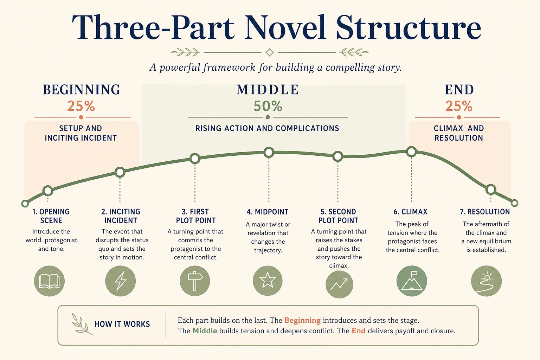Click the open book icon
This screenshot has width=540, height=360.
[49, 281]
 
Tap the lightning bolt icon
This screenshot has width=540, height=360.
[121, 281]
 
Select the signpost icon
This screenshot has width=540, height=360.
[195, 281]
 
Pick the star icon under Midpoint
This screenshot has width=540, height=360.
[268, 281]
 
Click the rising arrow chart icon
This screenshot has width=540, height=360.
[339, 284]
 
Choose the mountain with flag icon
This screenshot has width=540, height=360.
[412, 281]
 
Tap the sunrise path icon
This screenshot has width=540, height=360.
[486, 281]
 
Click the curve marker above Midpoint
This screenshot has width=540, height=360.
[269, 152]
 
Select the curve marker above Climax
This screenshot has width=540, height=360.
[411, 152]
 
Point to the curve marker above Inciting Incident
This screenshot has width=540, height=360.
[120, 172]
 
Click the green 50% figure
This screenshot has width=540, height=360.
[268, 106]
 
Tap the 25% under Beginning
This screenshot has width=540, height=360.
[81, 106]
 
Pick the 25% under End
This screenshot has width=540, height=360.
[459, 106]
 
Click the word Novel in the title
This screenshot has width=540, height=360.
[285, 27]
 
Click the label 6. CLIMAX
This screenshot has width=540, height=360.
[410, 212]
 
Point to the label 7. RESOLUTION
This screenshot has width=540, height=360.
[485, 212]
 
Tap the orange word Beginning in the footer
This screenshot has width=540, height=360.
[303, 320]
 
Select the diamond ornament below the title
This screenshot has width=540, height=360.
[270, 52]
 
